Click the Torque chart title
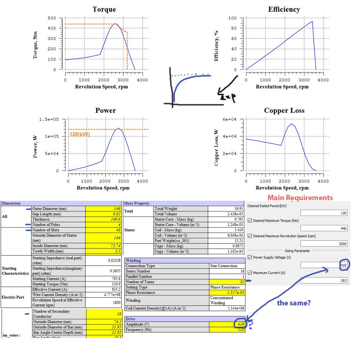(104, 10)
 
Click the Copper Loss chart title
(284, 111)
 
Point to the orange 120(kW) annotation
(80, 134)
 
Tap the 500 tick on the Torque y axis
(52, 18)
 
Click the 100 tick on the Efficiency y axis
(232, 18)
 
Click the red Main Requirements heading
(300, 198)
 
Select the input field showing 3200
(324, 244)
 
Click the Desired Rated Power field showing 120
(324, 213)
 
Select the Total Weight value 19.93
(226, 209)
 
